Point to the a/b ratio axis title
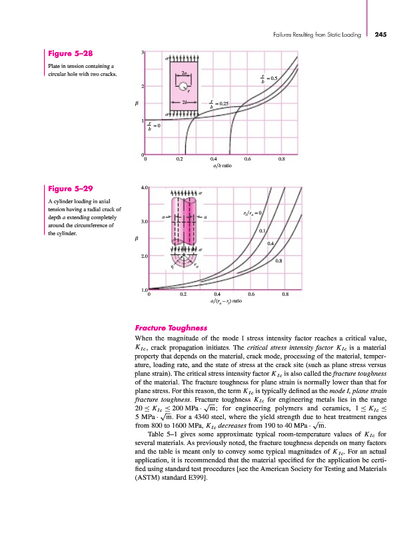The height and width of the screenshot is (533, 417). point(222,166)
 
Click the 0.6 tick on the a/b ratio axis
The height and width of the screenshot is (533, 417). point(248,159)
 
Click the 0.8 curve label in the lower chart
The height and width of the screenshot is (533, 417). point(279,261)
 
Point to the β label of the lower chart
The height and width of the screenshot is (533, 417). point(137,239)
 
